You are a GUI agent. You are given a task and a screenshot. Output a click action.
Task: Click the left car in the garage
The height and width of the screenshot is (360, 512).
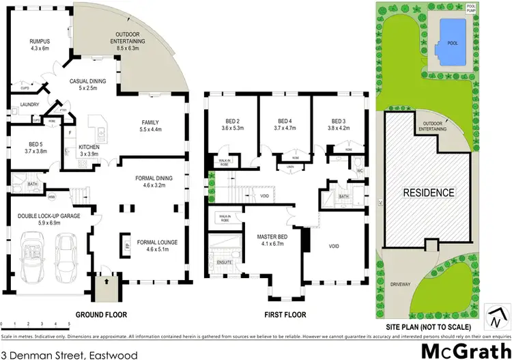[33, 253]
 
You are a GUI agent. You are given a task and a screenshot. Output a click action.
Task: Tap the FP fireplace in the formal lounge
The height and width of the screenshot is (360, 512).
[126, 243]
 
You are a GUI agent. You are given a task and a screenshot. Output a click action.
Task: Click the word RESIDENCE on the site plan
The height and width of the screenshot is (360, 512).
[429, 193]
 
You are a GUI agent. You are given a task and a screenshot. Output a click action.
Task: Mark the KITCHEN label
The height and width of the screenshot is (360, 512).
[89, 147]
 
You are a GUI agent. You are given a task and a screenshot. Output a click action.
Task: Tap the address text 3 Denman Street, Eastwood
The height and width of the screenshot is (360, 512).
[70, 336]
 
